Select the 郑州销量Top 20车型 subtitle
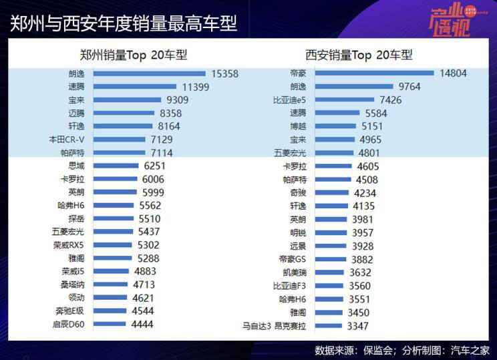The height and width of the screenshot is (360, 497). (133, 55)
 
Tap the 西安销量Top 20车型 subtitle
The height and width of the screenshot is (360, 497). (359, 55)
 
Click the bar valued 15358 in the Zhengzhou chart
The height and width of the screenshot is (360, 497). (149, 74)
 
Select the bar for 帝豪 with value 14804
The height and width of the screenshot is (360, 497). (373, 73)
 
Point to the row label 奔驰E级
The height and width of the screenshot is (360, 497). (70, 311)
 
